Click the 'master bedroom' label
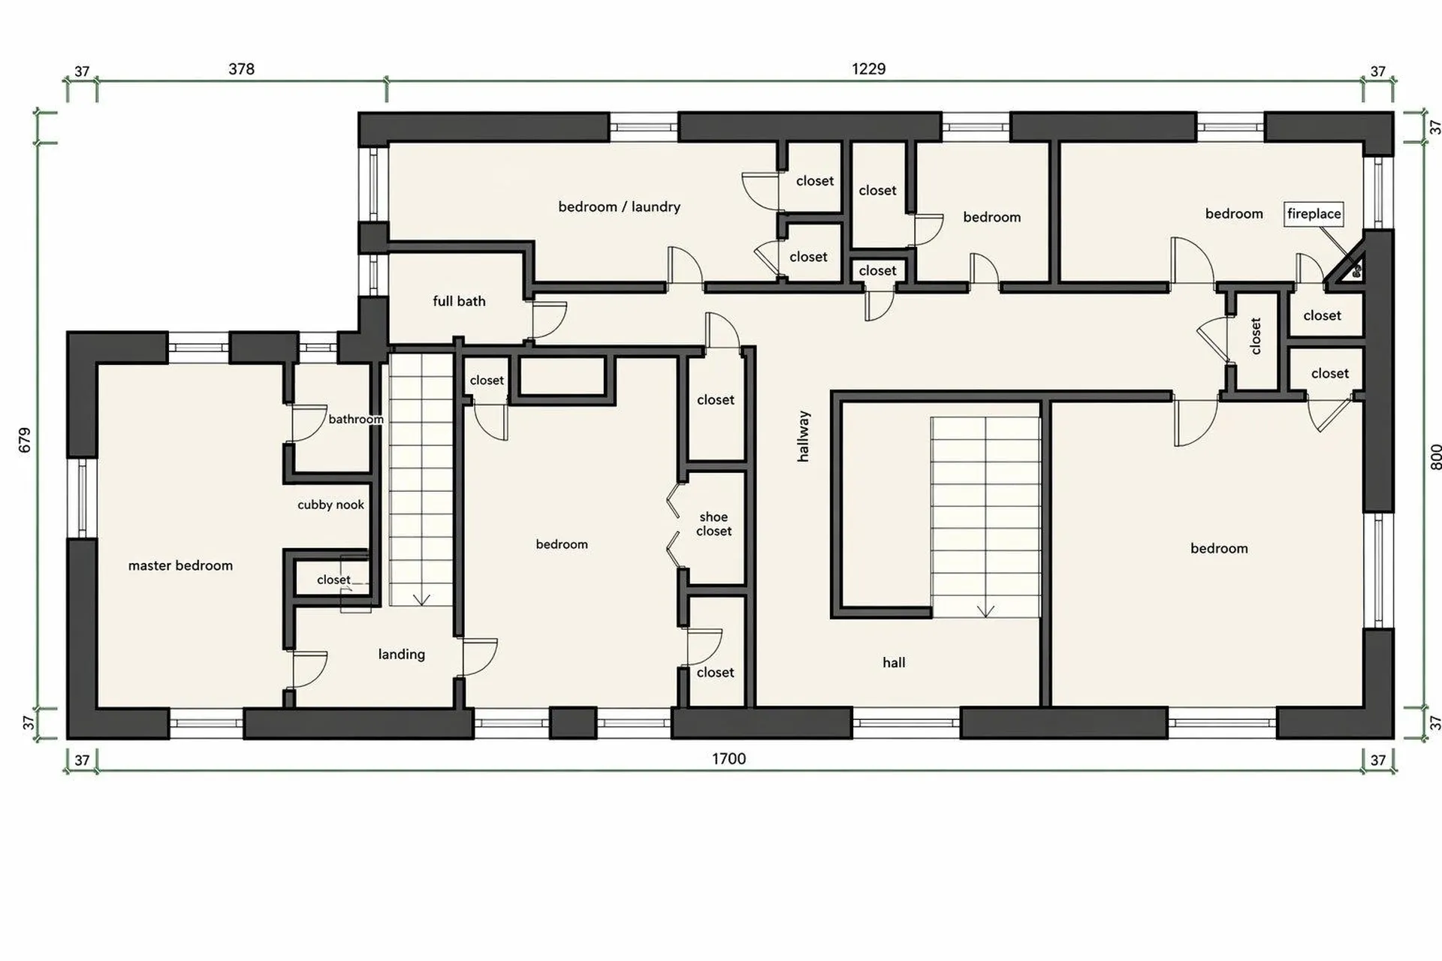click(180, 565)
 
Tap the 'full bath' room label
click(459, 301)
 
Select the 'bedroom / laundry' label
click(619, 206)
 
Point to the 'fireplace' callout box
click(1314, 214)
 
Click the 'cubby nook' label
click(330, 505)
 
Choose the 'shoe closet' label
click(713, 524)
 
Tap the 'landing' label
click(401, 654)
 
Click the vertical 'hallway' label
click(804, 435)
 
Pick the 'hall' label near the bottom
click(894, 662)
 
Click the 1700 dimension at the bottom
click(729, 758)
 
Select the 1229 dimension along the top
click(868, 69)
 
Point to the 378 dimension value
click(241, 69)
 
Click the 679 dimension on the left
click(25, 440)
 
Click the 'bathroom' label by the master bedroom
click(356, 419)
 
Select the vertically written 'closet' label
click(1255, 336)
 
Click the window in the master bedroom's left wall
click(82, 498)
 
